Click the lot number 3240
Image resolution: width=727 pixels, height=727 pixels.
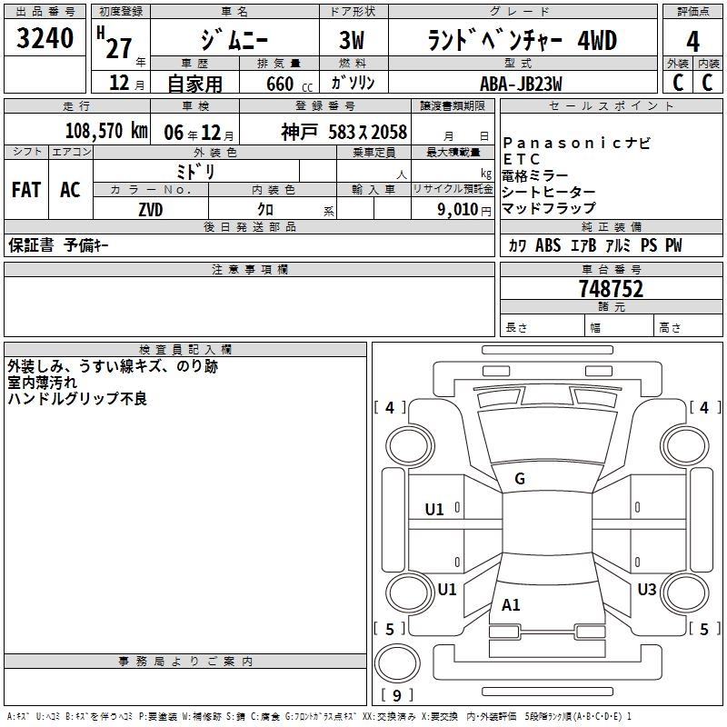point(45,38)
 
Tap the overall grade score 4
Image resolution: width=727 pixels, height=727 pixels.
point(692,42)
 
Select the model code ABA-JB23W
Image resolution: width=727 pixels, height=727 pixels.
point(521,84)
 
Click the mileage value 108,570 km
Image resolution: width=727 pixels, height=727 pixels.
point(106,131)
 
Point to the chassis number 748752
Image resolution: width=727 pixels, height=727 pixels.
point(611,289)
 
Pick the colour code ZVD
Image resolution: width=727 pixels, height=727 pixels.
point(151,210)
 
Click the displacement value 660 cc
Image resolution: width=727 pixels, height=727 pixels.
point(289,85)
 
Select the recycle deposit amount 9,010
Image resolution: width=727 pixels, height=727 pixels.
point(458,210)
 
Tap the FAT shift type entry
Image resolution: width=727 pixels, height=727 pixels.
point(26,190)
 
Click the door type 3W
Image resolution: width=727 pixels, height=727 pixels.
point(352,40)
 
